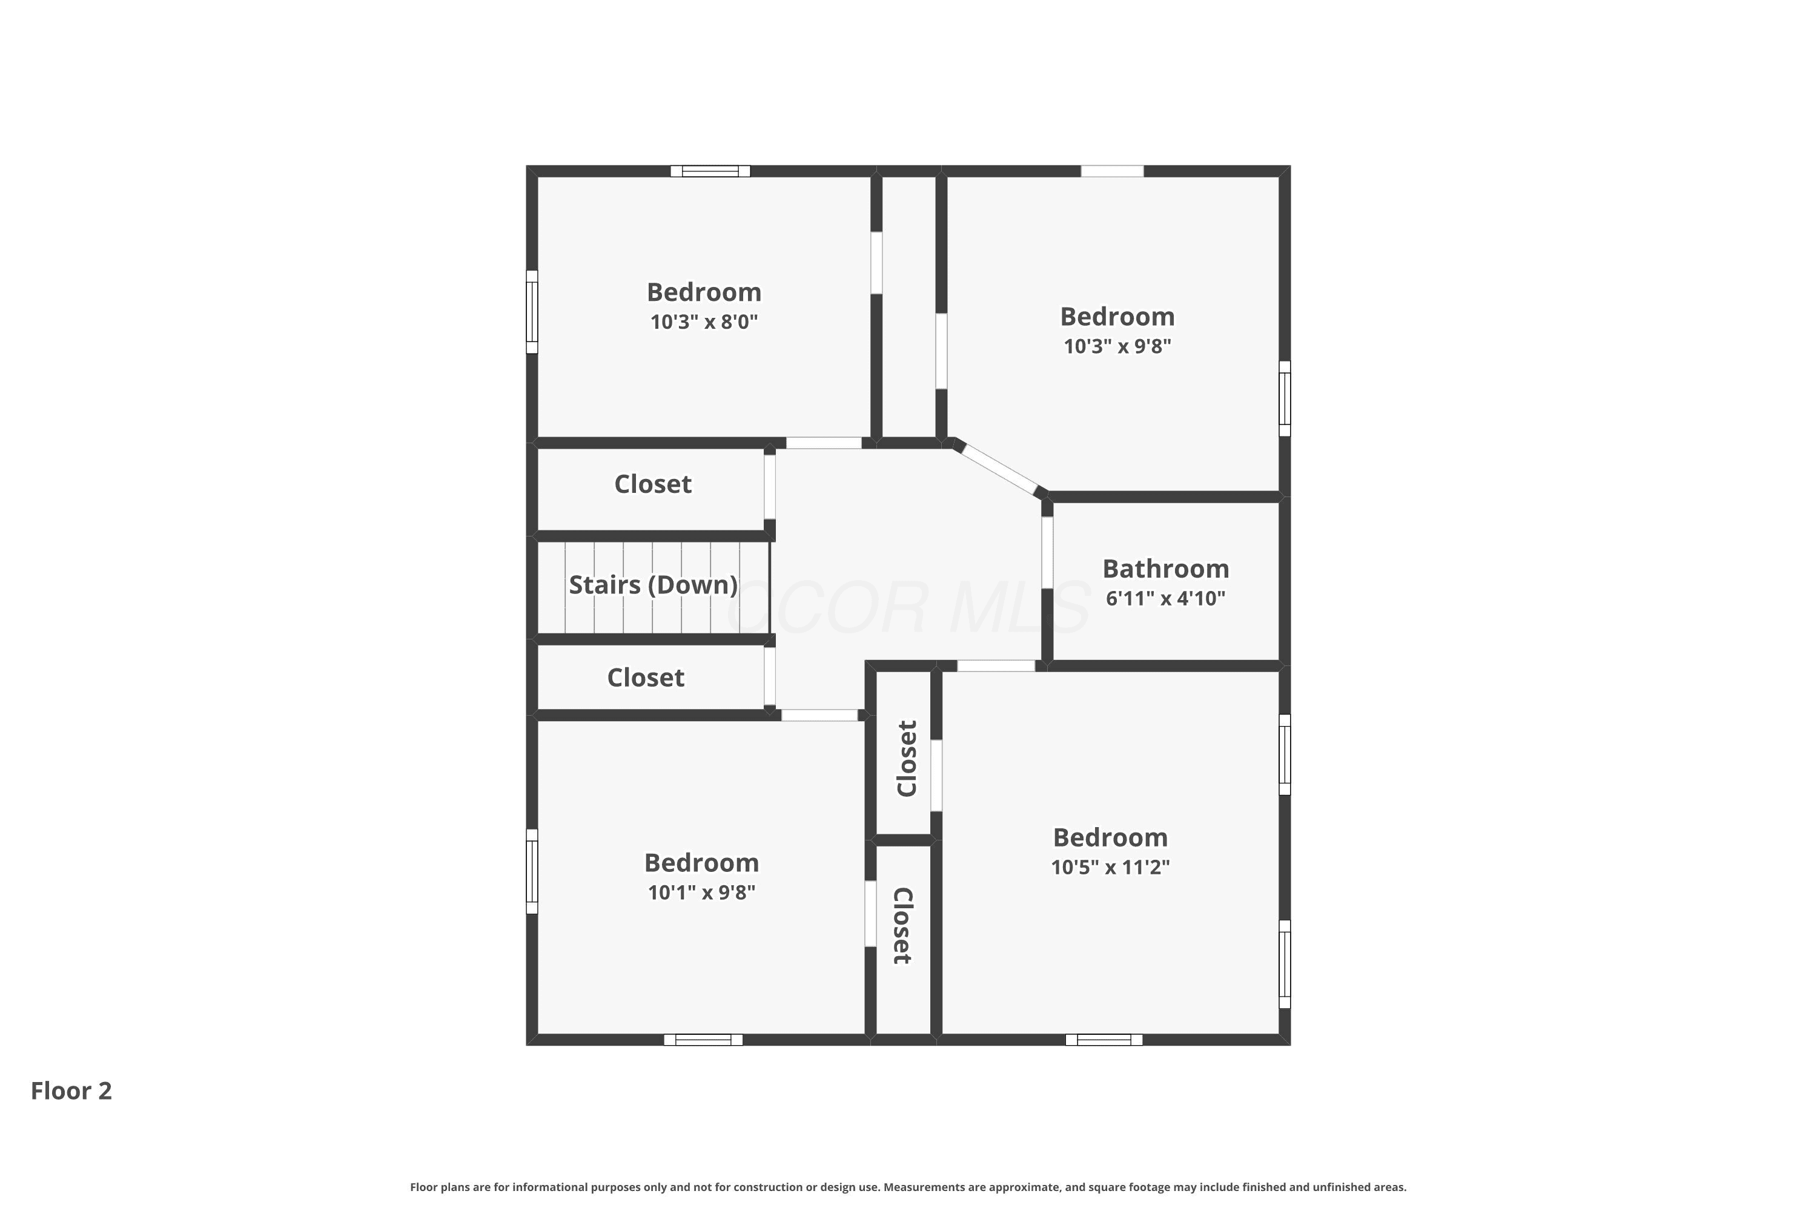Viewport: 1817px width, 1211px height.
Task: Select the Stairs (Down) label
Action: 653,585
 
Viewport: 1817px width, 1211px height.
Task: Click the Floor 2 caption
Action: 71,1091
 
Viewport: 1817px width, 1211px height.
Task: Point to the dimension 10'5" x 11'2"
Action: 1110,867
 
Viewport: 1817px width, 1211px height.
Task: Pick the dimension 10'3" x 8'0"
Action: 704,322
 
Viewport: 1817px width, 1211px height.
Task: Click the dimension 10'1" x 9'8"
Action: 701,893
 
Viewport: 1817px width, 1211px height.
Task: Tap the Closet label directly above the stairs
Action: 653,484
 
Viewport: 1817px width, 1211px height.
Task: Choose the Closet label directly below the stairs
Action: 646,678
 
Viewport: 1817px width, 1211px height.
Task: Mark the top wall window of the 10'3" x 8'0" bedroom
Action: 710,171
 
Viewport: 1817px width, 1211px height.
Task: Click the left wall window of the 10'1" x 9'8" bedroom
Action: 532,871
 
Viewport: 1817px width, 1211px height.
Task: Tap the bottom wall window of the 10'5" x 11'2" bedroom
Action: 1104,1040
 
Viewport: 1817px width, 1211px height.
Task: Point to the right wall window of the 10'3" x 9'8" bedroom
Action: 1285,398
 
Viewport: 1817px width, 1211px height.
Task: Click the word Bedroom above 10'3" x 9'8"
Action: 1117,317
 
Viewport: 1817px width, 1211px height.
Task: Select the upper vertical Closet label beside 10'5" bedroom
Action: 906,759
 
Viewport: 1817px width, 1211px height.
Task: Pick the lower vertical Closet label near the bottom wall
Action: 903,926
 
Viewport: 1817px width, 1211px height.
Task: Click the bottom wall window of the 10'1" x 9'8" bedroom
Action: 703,1040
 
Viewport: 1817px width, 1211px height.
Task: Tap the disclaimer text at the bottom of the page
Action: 908,1187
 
